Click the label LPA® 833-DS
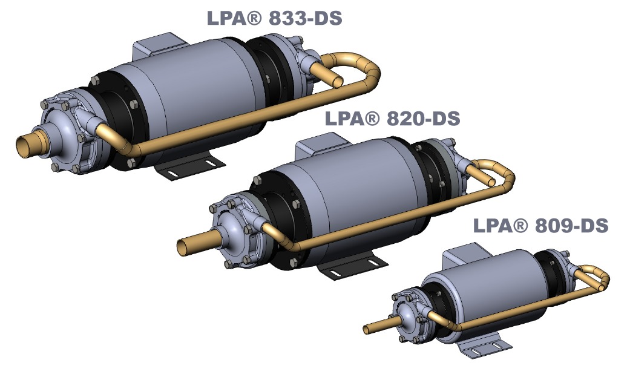coord(274,18)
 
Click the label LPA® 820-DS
coord(392,118)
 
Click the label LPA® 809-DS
coord(540,226)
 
